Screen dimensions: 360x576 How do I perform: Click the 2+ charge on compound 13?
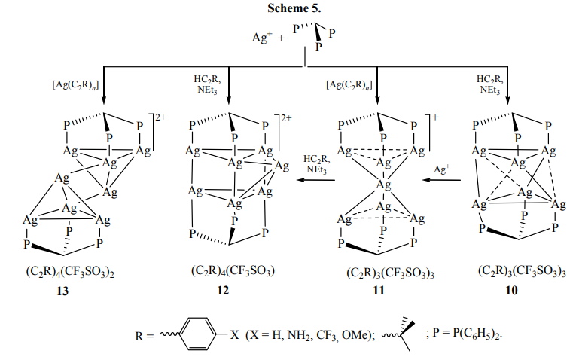tap(160, 118)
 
